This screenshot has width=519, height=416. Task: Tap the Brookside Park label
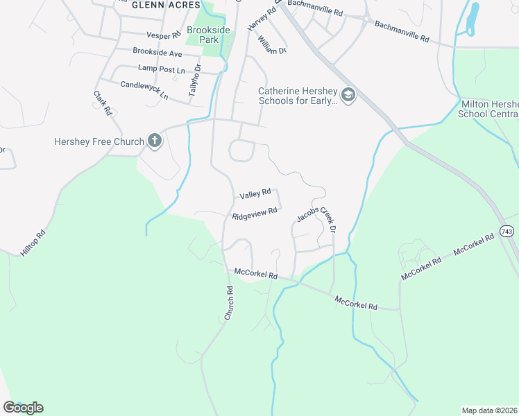pos(203,35)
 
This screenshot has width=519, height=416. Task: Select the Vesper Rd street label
pos(163,35)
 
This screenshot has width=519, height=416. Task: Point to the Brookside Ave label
pos(157,52)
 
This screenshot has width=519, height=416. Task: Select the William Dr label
pos(271,46)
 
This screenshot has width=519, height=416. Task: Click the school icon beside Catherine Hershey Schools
pos(348,95)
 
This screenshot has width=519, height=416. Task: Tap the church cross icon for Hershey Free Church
pos(154,141)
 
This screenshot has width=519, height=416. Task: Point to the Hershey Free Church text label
pos(99,141)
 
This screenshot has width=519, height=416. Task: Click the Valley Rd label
pos(254,196)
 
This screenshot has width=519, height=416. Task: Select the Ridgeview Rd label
pos(255,214)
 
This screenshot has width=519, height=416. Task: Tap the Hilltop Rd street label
pos(33,243)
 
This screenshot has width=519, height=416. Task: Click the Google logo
pos(23,408)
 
